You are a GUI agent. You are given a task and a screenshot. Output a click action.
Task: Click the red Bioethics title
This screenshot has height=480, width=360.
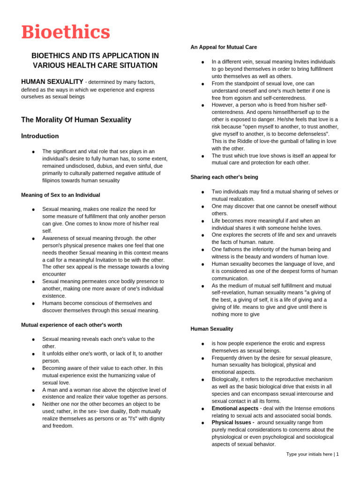(x=66, y=32)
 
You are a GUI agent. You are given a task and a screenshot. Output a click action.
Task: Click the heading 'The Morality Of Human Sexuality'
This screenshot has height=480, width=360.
(x=76, y=120)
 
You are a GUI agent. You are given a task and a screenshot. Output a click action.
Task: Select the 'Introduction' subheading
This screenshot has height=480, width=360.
(x=40, y=136)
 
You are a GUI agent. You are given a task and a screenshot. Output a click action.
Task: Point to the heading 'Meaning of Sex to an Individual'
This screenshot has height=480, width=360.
(x=60, y=195)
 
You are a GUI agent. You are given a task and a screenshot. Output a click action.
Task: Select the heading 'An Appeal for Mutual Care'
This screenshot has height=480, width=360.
(x=224, y=47)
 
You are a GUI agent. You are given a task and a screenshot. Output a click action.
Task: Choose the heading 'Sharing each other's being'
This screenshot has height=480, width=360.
(x=224, y=177)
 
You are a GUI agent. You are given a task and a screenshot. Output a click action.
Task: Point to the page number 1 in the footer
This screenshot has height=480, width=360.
(x=337, y=454)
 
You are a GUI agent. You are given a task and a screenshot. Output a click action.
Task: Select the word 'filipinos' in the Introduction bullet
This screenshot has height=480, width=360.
(x=52, y=180)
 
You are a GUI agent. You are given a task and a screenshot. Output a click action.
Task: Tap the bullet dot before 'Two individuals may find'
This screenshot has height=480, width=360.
(x=202, y=192)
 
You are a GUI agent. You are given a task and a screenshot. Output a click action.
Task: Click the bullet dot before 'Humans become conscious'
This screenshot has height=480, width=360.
(x=33, y=304)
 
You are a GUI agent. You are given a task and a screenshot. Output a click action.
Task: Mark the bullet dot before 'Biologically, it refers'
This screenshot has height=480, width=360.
(x=202, y=380)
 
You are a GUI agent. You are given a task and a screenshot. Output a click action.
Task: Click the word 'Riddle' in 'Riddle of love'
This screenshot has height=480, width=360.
(x=245, y=141)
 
